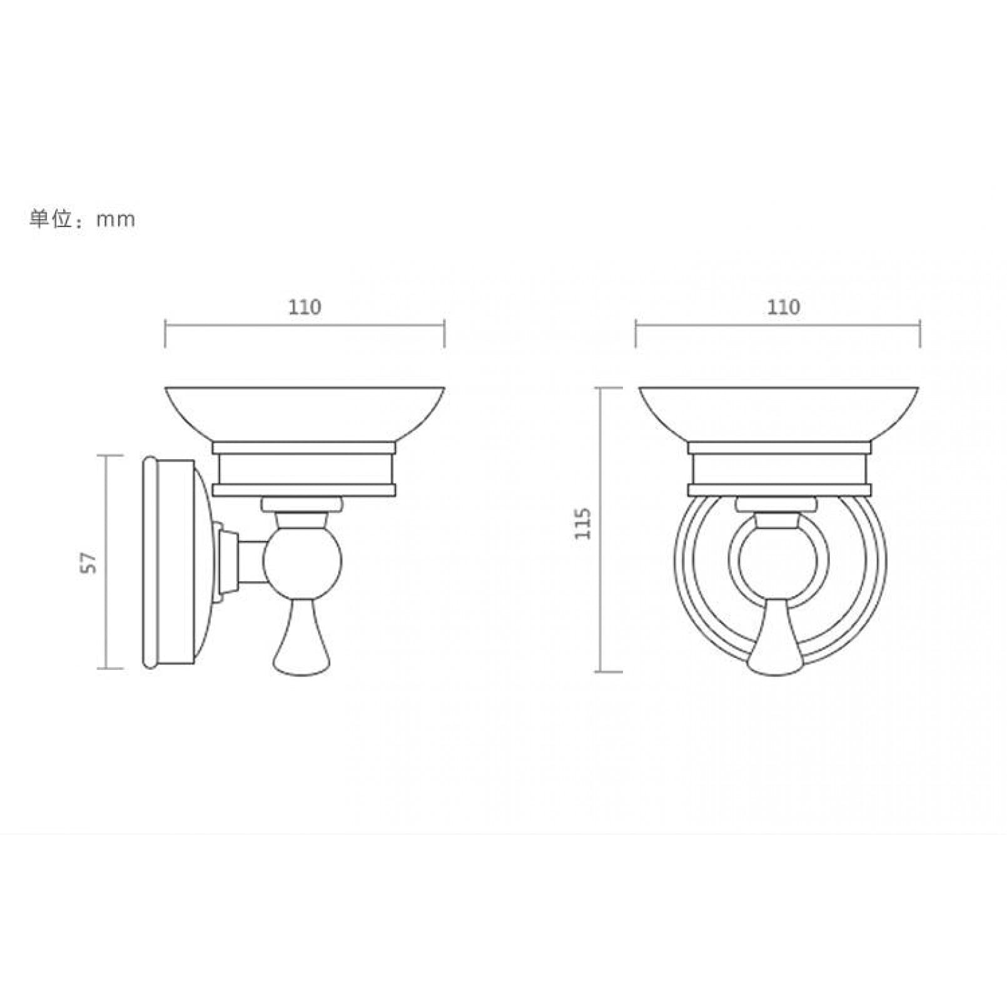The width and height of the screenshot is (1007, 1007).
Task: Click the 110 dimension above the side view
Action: tap(305, 307)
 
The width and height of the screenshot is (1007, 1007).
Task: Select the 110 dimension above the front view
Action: tap(783, 307)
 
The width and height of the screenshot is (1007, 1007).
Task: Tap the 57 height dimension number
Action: tap(91, 562)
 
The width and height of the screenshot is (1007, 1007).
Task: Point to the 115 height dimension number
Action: tap(583, 524)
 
